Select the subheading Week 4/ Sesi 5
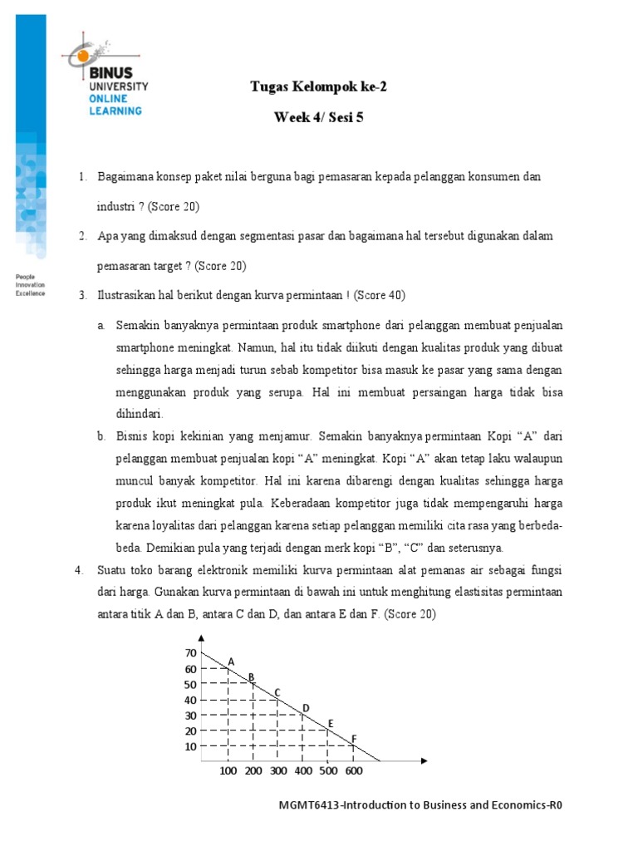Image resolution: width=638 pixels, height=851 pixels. pyautogui.click(x=319, y=117)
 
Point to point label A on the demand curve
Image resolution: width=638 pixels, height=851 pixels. pyautogui.click(x=232, y=662)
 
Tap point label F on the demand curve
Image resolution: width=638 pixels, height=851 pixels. pyautogui.click(x=354, y=738)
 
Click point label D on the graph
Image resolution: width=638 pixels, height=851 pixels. pyautogui.click(x=305, y=707)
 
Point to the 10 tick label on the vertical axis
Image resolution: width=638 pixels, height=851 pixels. pyautogui.click(x=190, y=746)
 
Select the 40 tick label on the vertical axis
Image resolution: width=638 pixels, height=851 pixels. pyautogui.click(x=190, y=700)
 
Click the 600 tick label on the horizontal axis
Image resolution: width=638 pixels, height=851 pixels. pyautogui.click(x=353, y=772)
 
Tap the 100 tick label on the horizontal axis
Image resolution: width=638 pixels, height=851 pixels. pyautogui.click(x=228, y=772)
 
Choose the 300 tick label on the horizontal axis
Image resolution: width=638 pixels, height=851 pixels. pyautogui.click(x=278, y=772)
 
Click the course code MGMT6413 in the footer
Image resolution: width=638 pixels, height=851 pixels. pyautogui.click(x=312, y=804)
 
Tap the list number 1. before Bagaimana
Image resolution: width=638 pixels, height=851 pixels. pyautogui.click(x=83, y=177)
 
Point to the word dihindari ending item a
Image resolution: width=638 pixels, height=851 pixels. pyautogui.click(x=140, y=413)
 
